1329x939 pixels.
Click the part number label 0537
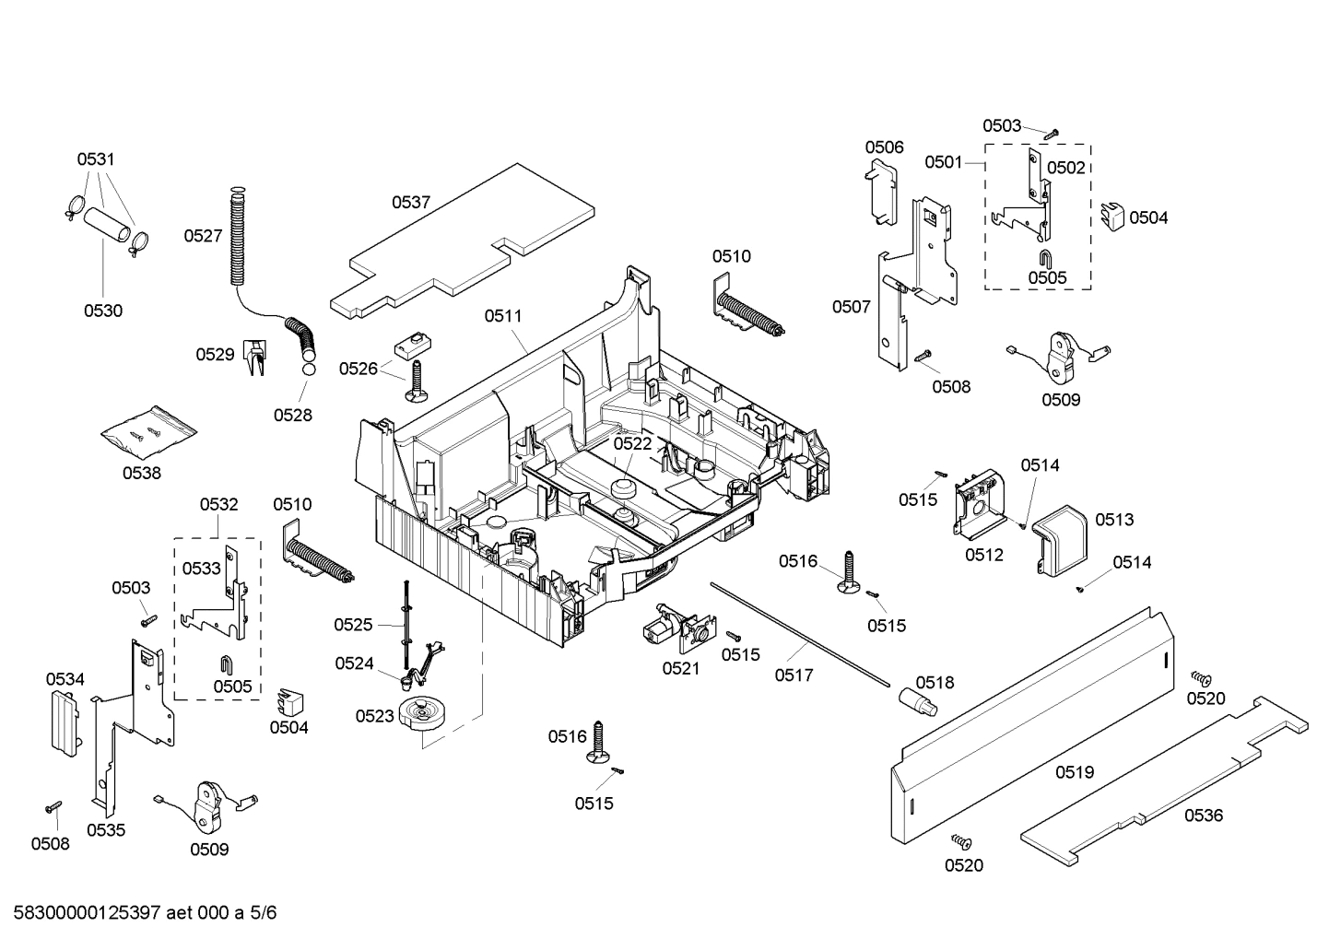(x=411, y=202)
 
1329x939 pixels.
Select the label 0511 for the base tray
(x=503, y=316)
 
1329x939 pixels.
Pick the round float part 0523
(x=423, y=715)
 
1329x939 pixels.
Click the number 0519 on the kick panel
(x=1074, y=772)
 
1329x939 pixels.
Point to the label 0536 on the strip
(x=1204, y=816)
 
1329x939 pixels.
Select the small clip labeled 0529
(x=254, y=357)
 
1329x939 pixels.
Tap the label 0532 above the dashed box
(x=218, y=504)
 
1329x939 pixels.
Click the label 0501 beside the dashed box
(x=944, y=162)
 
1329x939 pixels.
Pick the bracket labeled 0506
(x=883, y=191)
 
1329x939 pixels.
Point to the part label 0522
(x=632, y=443)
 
